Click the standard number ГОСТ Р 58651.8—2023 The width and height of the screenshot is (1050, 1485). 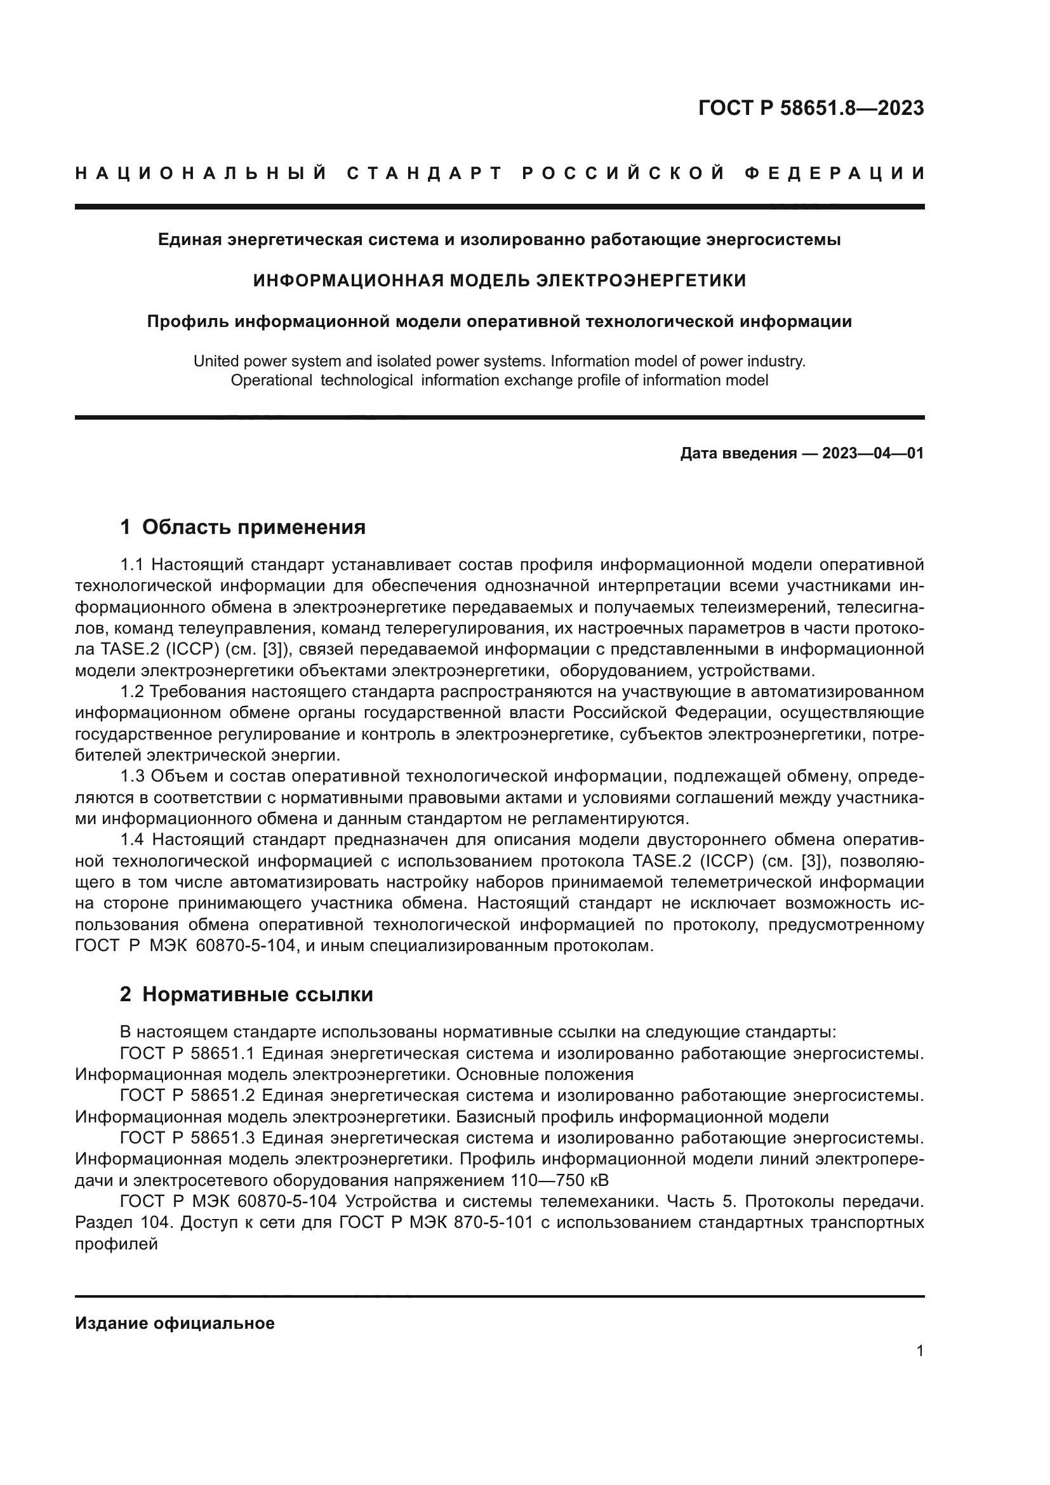click(x=811, y=108)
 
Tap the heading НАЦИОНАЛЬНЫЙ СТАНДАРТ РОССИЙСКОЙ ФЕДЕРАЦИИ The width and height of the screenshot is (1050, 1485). click(x=500, y=173)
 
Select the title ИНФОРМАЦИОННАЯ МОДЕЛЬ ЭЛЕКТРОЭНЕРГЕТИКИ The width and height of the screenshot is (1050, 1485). click(x=499, y=281)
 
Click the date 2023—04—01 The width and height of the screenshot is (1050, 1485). click(x=872, y=453)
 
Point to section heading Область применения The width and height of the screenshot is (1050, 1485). click(x=253, y=527)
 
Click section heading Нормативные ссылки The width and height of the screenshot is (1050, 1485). click(x=257, y=994)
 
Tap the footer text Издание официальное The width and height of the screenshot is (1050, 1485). click(x=175, y=1323)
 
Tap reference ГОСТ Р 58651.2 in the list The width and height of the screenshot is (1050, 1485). click(x=188, y=1096)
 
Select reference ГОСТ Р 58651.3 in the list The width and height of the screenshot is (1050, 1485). click(x=188, y=1138)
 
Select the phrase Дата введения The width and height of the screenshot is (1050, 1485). click(x=738, y=453)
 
